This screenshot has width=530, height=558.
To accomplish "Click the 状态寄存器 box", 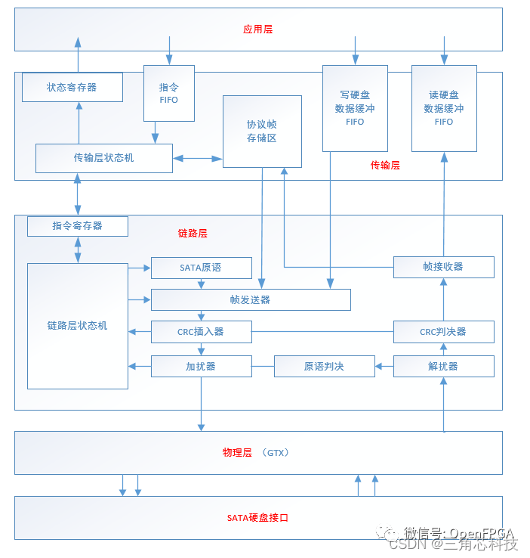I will point(72,87).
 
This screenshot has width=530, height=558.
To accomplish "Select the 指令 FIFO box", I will point(169,93).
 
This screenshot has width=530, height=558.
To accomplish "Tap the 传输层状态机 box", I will point(104,158).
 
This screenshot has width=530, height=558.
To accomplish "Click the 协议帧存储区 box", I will point(262,131).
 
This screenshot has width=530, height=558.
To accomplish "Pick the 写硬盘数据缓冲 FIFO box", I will point(355,107).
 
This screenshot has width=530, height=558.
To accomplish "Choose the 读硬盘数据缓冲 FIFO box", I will point(444,107).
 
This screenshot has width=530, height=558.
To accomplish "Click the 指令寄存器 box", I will point(78,226).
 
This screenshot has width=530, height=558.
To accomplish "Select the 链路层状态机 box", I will point(78,326).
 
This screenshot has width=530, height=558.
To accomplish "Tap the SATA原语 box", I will point(201,268).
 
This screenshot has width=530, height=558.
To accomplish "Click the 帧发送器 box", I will point(251,299).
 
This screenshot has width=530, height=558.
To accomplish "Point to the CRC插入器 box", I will point(201,331).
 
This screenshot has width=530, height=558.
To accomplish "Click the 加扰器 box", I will point(201,366).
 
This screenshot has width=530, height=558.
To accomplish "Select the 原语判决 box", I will point(324,366).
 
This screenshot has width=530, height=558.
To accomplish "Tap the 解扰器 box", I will point(443,366).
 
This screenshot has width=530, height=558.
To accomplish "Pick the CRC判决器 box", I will point(443,331).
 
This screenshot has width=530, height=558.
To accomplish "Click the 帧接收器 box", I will point(443,267).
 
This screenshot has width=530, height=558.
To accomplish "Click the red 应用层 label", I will point(257,29).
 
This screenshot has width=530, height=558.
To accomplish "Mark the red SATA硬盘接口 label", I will point(257,518).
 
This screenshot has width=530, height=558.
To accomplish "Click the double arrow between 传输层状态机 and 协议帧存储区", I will point(198,158).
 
